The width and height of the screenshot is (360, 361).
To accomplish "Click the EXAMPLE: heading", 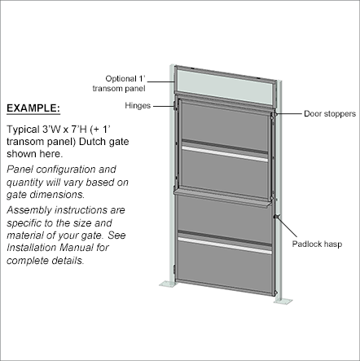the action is point(33,108).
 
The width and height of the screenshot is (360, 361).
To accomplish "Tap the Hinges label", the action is point(138,105).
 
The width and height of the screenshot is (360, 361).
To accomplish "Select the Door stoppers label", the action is point(330,113).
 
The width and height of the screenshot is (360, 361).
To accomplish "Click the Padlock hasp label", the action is point(317,244).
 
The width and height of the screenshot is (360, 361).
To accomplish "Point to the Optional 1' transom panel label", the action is point(119,83).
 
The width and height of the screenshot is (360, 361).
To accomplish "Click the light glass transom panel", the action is point(225,86).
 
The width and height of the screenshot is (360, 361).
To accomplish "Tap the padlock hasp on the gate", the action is point(275,217).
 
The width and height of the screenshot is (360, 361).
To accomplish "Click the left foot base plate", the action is point(169,284).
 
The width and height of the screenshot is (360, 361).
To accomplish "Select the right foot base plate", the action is point(283,301).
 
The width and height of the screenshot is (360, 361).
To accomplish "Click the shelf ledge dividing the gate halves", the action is point(222,198).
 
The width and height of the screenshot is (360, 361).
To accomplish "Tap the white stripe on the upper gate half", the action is point(225,154).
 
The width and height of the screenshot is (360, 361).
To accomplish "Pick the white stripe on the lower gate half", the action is point(225,246).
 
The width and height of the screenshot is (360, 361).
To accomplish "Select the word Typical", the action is point(23,130).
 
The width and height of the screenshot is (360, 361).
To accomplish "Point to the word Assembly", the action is point(29,211).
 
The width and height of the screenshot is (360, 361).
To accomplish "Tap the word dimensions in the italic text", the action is point(57,195).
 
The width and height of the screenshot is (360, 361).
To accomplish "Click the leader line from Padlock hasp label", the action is point(288,227).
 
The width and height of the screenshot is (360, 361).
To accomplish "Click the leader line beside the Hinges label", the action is point(164,106).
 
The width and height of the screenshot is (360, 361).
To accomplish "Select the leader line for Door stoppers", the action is point(289,114).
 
